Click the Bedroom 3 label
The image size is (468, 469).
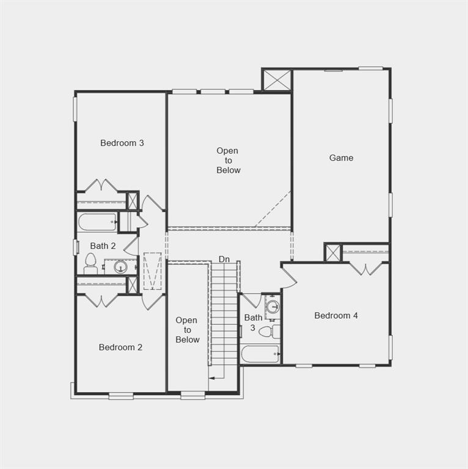coord(122,143)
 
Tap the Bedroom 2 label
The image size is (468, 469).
coord(120,347)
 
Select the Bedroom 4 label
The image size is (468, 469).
coord(336,315)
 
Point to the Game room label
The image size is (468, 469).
coord(341,158)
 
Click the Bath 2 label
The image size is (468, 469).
coord(103,245)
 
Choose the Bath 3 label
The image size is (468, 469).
coord(253,322)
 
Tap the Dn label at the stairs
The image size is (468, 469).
coord(224,260)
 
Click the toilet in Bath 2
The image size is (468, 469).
coord(90,264)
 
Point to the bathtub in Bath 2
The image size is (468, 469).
coord(97,222)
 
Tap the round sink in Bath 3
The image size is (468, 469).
coord(272,307)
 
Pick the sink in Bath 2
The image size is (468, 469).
coord(120,266)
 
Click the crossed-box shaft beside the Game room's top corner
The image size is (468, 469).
coord(277,79)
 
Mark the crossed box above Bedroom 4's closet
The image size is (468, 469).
coord(332,252)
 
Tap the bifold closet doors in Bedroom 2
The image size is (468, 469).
coord(101,300)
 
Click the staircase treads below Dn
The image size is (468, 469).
coord(224,318)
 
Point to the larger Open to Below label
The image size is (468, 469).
coord(228,160)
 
